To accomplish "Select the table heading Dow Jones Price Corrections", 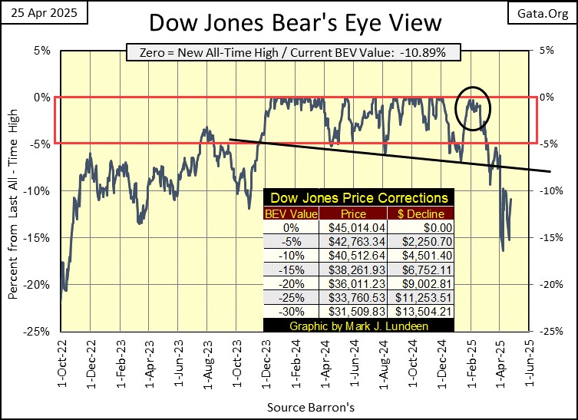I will pos(358,198).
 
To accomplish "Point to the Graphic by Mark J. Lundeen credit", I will pos(358,326).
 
